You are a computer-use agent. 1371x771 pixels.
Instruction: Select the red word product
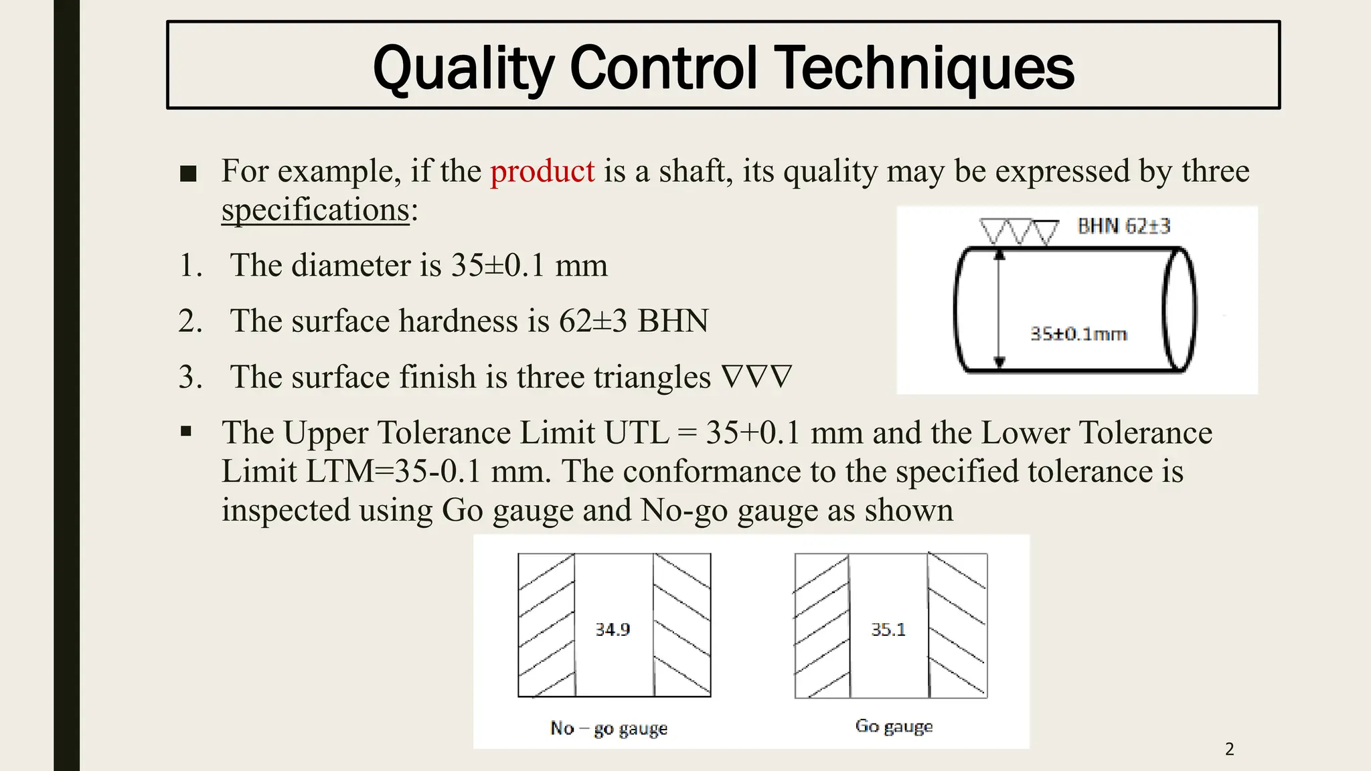(542, 171)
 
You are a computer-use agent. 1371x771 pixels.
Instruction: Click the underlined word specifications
(315, 210)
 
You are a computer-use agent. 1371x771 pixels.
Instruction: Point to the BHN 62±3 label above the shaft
(1124, 226)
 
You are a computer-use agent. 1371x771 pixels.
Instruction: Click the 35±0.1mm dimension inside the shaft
(1078, 334)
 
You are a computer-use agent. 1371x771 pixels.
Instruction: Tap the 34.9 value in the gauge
(613, 630)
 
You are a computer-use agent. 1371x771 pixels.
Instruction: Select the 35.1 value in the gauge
(888, 630)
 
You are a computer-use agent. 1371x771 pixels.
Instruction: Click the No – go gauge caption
(609, 728)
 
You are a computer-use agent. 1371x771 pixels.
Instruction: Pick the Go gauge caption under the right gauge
(894, 726)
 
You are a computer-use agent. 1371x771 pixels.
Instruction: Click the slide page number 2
(1229, 749)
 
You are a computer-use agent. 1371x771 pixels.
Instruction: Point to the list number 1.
(190, 266)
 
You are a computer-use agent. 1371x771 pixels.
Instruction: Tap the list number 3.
(190, 377)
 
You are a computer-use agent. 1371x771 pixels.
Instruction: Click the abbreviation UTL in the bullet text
(637, 433)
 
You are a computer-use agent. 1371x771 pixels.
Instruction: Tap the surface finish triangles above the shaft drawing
(1018, 232)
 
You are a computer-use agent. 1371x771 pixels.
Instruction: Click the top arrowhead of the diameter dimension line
(999, 254)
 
